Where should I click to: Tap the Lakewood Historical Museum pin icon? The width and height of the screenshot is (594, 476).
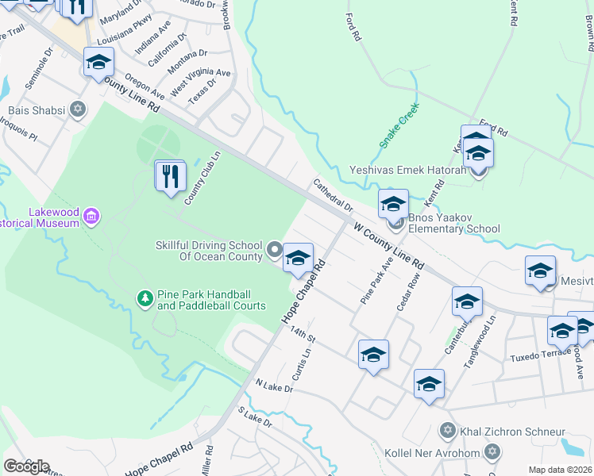pos(92,216)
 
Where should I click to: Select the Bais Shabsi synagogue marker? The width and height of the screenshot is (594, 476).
pos(77,109)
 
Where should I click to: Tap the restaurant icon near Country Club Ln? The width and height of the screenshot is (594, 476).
pos(170,176)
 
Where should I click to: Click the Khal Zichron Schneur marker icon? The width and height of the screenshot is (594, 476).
pos(447,431)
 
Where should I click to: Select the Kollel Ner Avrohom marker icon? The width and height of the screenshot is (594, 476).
pos(492,452)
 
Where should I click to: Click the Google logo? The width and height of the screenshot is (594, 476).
pos(26,466)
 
